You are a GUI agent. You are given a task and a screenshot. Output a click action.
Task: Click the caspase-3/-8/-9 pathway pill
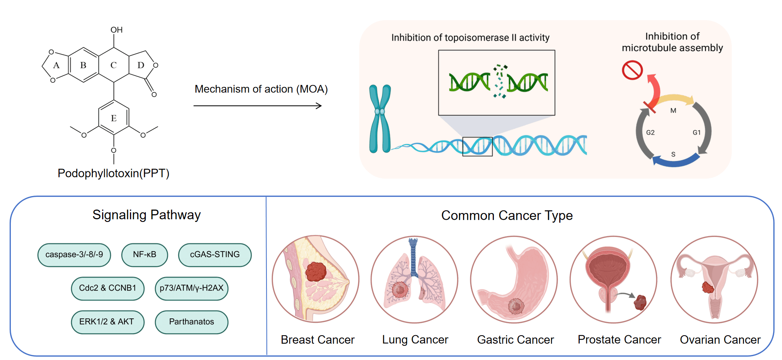(x=74, y=255)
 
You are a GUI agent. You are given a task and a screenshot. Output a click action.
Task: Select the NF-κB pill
(x=145, y=255)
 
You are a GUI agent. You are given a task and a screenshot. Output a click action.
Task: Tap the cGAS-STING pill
(x=215, y=255)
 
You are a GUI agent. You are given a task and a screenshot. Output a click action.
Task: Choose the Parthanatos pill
(x=191, y=322)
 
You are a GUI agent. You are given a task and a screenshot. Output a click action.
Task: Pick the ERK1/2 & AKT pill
(x=107, y=322)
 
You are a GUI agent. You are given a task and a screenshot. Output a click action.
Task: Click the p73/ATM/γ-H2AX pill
(x=191, y=288)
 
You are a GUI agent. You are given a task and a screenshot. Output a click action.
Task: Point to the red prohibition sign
(x=632, y=70)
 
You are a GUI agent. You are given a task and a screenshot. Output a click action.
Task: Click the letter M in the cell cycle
(x=673, y=111)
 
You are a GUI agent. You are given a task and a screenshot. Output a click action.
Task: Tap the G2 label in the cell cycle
(x=651, y=133)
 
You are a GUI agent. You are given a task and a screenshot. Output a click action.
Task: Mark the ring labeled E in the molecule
(x=114, y=118)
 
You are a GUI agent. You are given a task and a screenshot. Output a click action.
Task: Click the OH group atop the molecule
(x=116, y=30)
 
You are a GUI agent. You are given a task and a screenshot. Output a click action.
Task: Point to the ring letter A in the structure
(x=56, y=65)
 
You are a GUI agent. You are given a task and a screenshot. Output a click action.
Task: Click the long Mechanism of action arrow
(x=258, y=106)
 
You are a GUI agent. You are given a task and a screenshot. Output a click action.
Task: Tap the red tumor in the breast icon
(x=316, y=271)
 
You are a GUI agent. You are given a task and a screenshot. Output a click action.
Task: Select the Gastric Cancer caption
(x=515, y=340)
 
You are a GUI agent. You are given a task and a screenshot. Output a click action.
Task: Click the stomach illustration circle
(x=514, y=279)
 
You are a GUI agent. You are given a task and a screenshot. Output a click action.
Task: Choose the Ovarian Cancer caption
(x=720, y=340)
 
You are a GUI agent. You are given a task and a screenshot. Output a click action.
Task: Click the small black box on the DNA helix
(x=477, y=147)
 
